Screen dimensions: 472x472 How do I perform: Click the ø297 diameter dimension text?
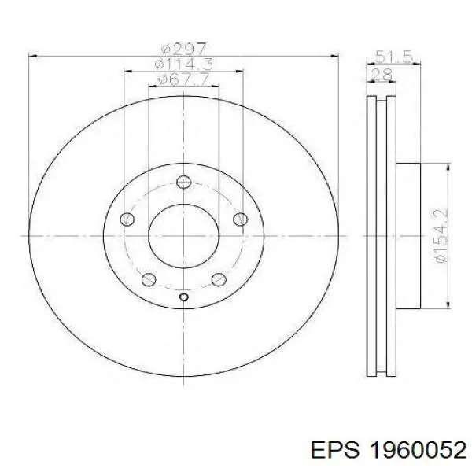(183, 49)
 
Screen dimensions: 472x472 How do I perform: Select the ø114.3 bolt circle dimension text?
(183, 65)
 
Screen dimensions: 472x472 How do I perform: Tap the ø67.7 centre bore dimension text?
(183, 79)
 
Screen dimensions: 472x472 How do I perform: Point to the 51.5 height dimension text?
(393, 57)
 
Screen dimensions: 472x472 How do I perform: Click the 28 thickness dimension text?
(381, 75)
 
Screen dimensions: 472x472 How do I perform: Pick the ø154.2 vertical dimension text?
(441, 235)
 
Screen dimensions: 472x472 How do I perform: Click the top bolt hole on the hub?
(183, 182)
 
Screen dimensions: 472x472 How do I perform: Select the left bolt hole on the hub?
(127, 219)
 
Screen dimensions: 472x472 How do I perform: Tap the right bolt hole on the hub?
(241, 219)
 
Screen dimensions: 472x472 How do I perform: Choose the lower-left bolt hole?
(149, 279)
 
